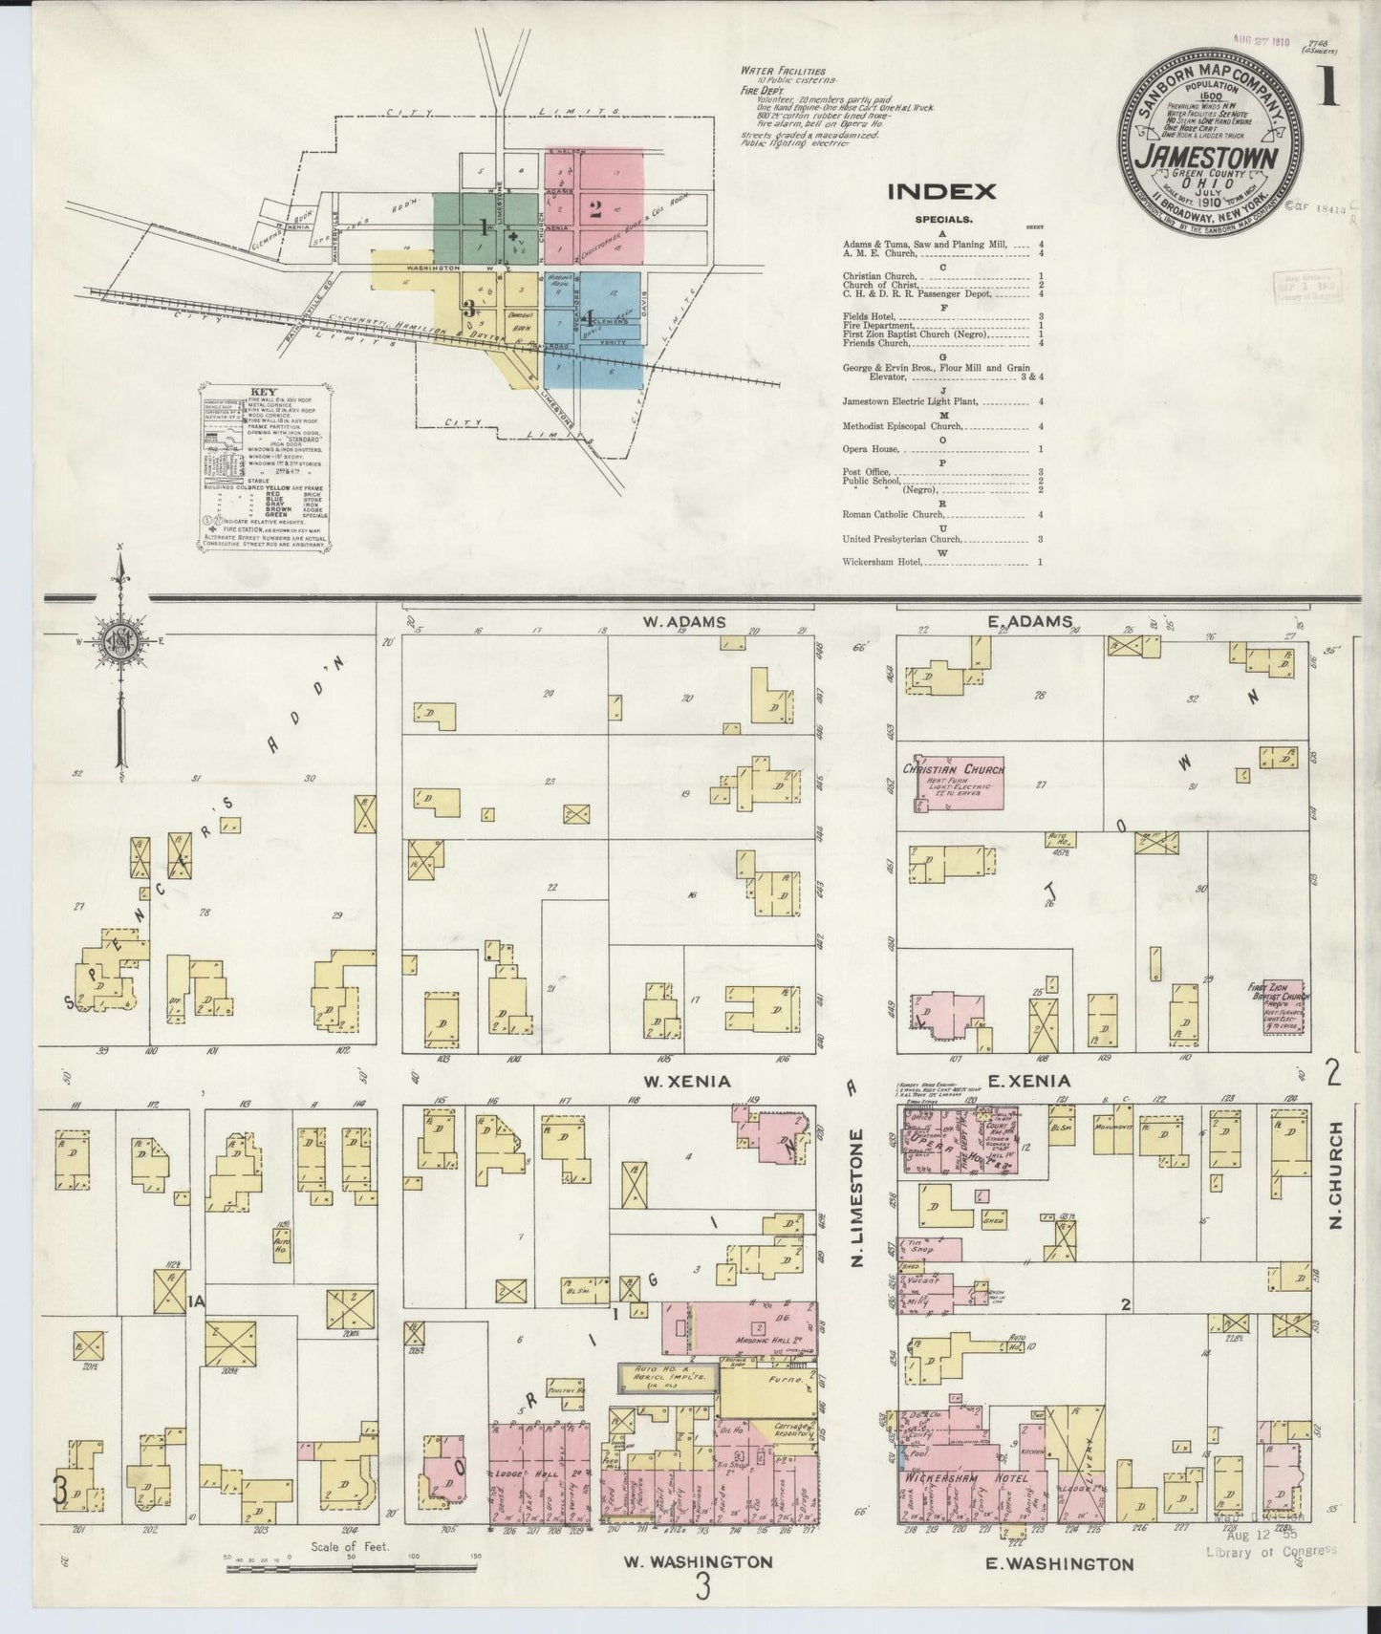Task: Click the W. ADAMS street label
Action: point(684,622)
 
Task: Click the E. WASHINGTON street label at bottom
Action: point(1059,1564)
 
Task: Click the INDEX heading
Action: point(942,191)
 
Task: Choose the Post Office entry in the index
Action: point(867,472)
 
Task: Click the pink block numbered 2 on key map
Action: point(594,210)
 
